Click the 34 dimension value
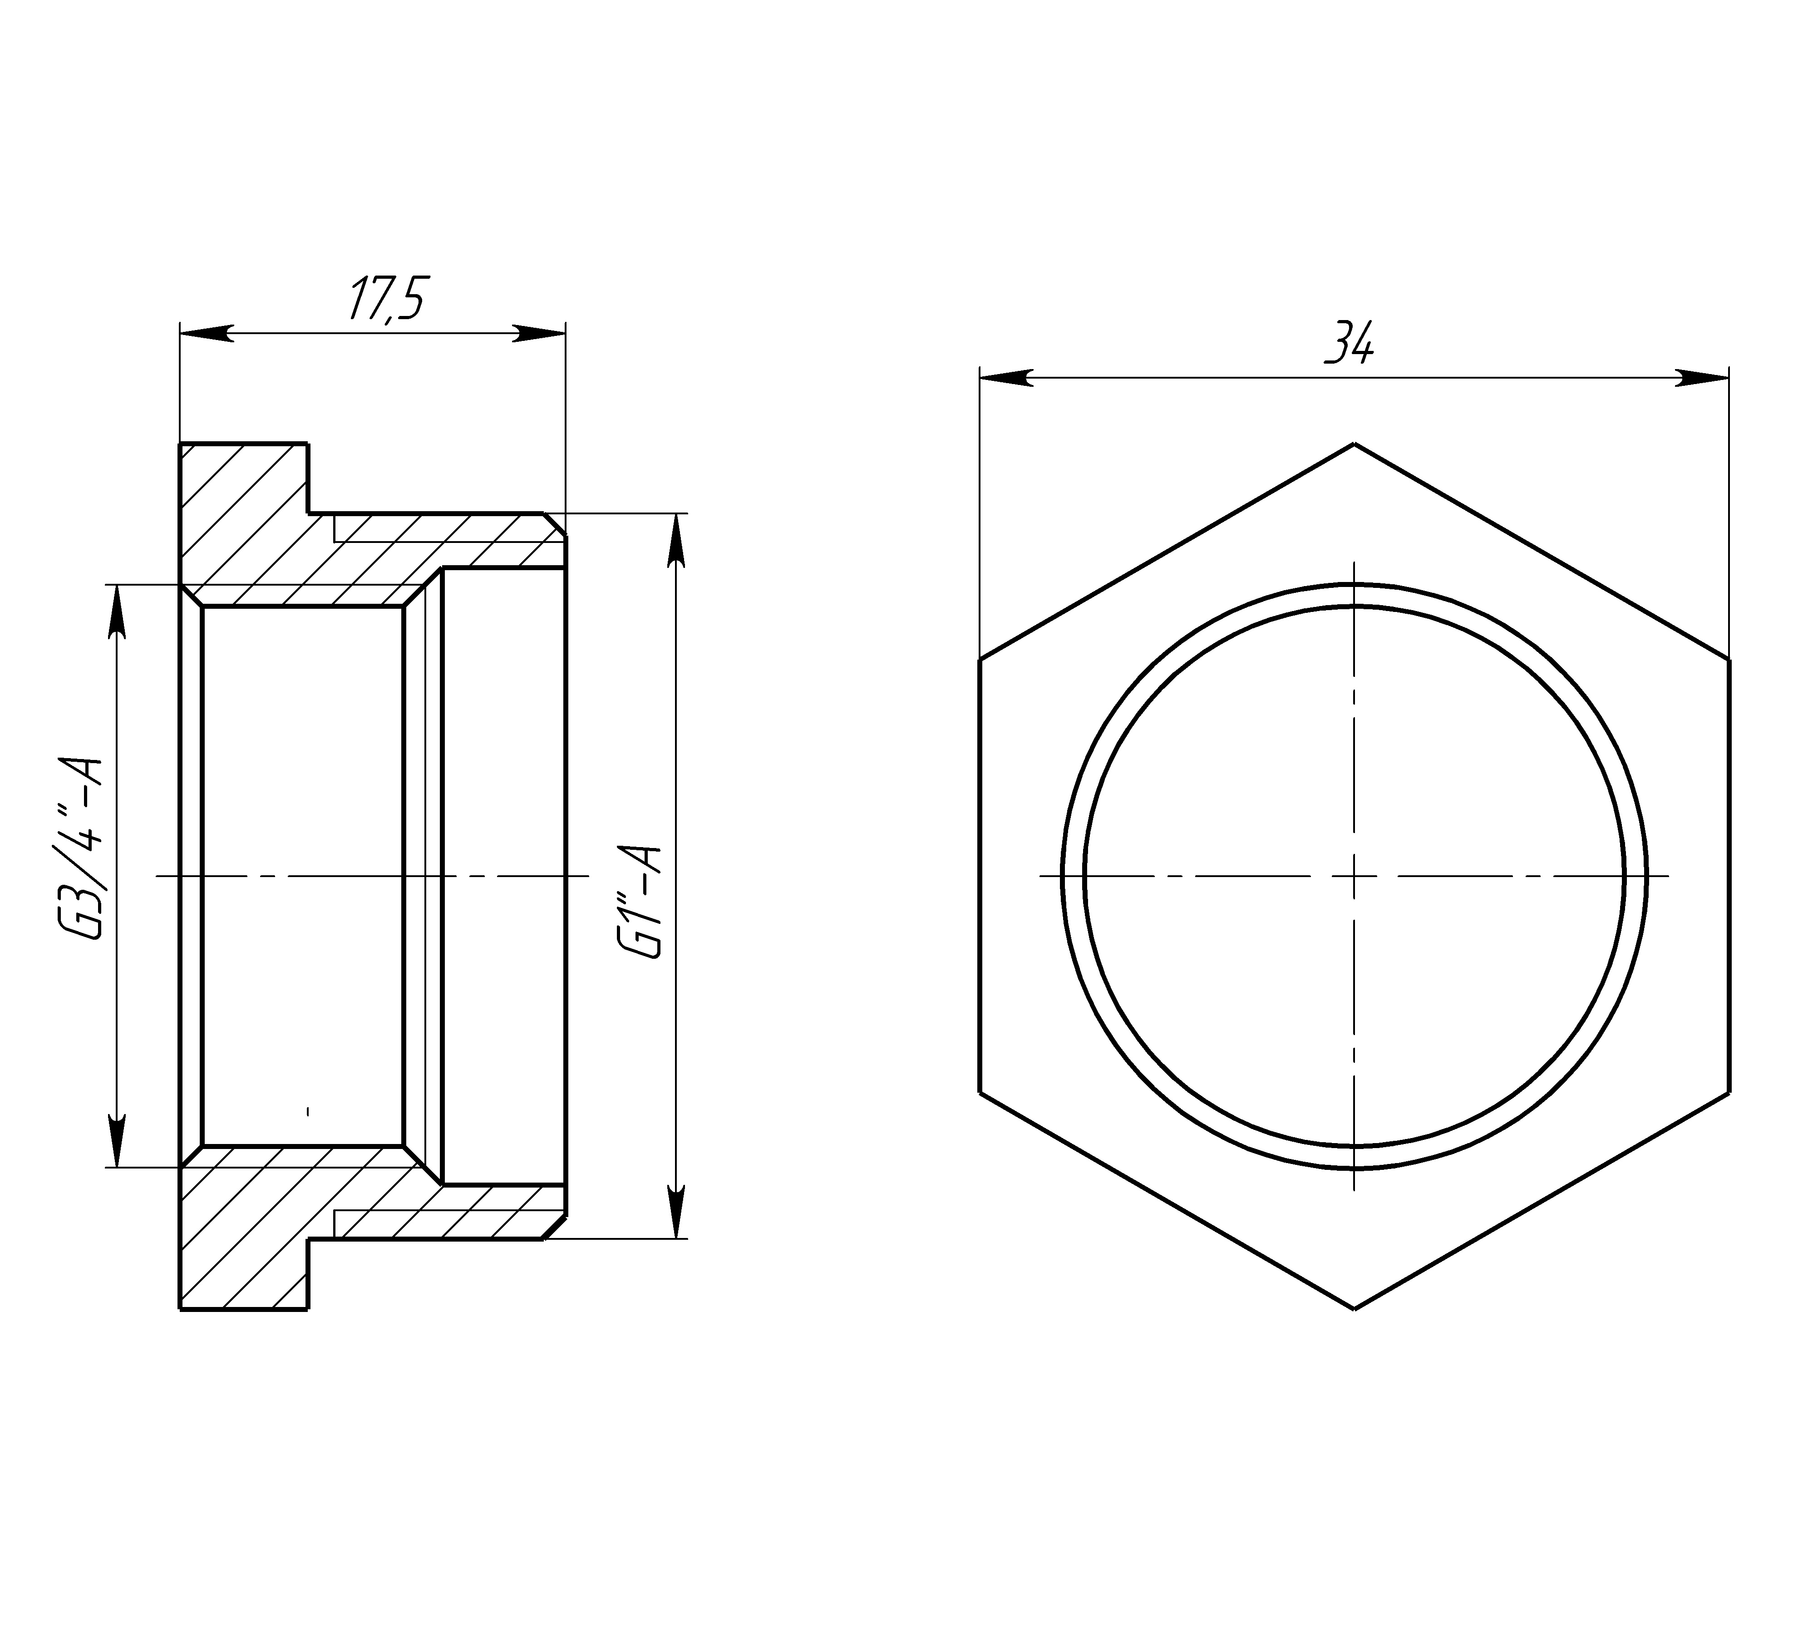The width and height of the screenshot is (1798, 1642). [1350, 342]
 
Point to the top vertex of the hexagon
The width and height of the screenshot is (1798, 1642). [1355, 443]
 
